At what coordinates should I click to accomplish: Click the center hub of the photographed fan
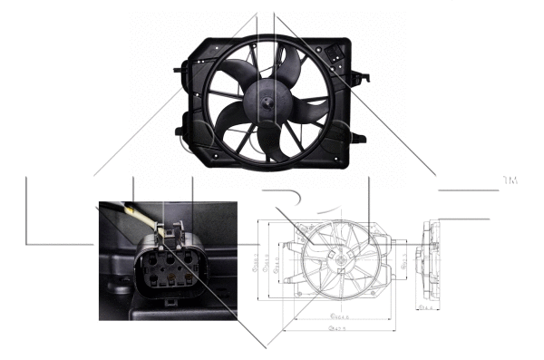coord(269,105)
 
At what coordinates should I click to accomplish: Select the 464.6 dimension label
coord(342,316)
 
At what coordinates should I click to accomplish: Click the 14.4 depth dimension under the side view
coord(425,308)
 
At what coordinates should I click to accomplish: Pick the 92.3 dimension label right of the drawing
coord(403,263)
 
